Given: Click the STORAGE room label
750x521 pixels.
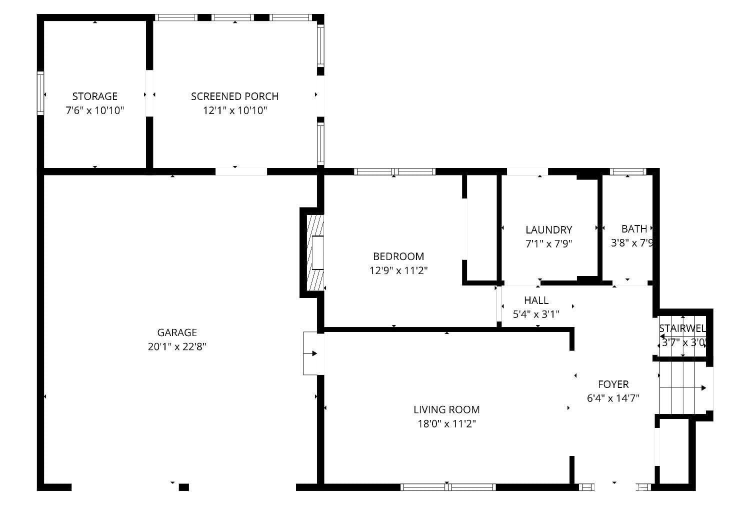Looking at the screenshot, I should (94, 96).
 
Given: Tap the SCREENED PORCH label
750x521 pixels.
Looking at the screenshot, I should (234, 96).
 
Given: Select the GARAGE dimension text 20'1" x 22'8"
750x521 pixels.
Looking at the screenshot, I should (177, 346).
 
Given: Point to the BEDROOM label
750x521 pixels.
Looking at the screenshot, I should (398, 256).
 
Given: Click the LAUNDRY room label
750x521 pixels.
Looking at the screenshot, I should (548, 230).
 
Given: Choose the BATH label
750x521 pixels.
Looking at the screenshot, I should (634, 229).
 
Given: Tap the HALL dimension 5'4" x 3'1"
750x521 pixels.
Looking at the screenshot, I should (536, 314).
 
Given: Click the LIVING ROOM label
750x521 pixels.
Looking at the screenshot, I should (446, 410).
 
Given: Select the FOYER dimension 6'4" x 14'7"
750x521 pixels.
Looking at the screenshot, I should (613, 398).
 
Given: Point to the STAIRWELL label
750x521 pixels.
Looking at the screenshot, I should (682, 329).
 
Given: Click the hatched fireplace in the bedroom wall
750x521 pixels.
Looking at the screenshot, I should (315, 252).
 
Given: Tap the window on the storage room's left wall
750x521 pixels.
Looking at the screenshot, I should (40, 93).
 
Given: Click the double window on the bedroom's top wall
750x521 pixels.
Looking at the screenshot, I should (394, 171).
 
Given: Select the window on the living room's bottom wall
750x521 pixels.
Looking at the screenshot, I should (448, 487).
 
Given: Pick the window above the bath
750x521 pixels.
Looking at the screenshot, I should (628, 171).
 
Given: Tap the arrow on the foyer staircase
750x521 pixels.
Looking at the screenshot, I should (703, 387).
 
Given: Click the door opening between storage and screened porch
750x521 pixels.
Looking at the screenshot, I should (149, 93).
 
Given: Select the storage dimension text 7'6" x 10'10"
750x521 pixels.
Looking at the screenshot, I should (94, 110).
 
